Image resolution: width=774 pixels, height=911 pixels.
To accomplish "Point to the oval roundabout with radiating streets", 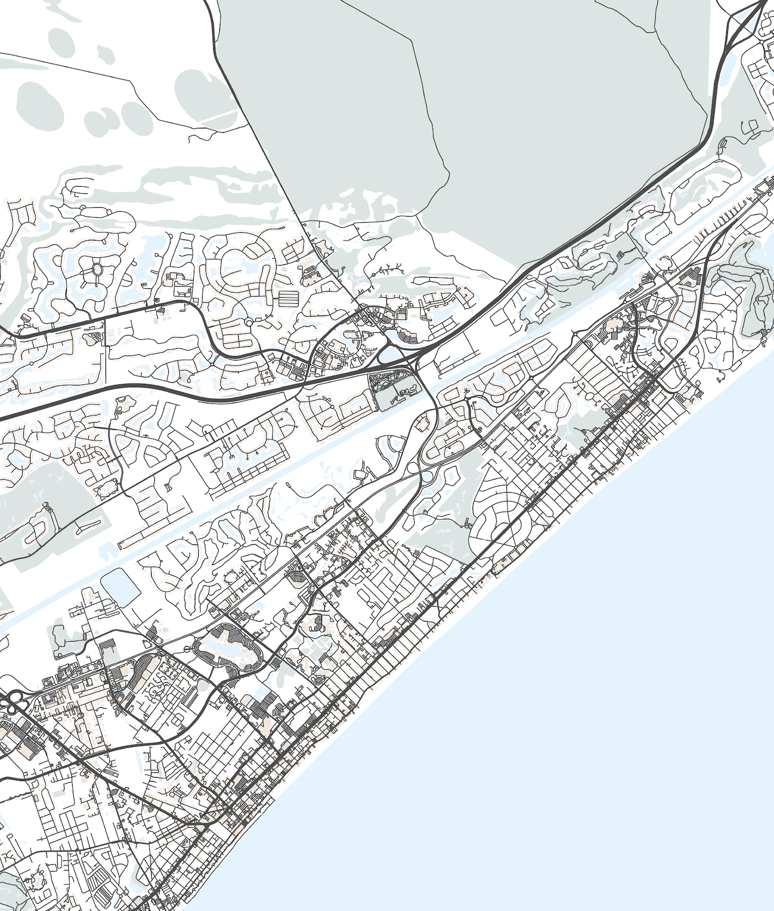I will point(97,270).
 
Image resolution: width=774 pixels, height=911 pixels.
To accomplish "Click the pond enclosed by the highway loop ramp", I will point(391,354).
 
